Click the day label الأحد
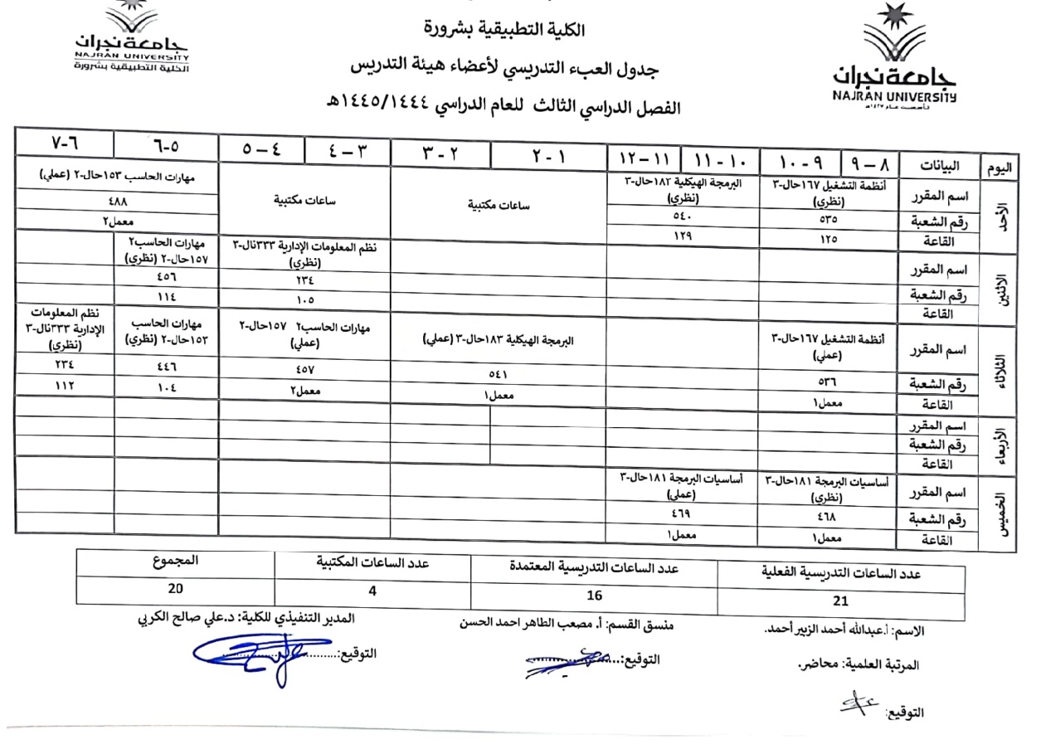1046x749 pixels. pyautogui.click(x=999, y=213)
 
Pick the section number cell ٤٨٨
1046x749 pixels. pyautogui.click(x=117, y=200)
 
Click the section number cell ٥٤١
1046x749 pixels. pyautogui.click(x=499, y=374)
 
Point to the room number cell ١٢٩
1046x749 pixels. pyautogui.click(x=682, y=236)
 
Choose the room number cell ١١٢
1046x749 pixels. pyautogui.click(x=64, y=385)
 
